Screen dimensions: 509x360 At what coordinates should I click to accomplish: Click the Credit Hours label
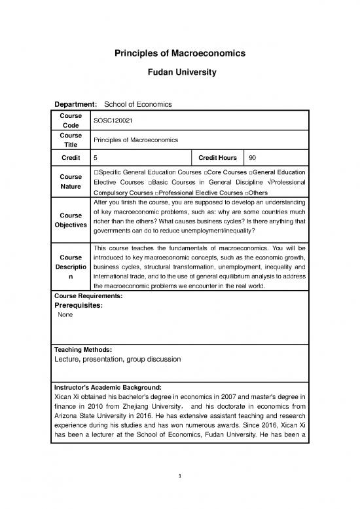(x=217, y=158)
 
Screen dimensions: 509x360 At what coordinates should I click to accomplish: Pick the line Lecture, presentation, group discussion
(x=118, y=359)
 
